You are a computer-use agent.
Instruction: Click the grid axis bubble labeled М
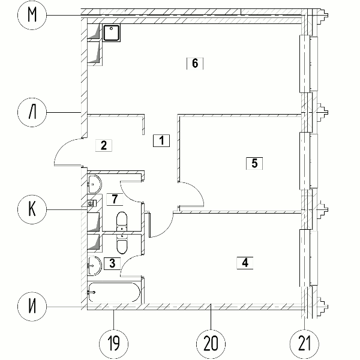click(32, 15)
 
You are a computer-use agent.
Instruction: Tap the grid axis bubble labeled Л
click(32, 112)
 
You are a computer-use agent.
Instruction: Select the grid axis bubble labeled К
click(32, 209)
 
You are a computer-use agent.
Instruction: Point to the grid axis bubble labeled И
click(32, 307)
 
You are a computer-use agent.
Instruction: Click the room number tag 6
click(195, 63)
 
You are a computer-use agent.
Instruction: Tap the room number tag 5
click(254, 163)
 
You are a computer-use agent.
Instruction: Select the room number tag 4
click(245, 263)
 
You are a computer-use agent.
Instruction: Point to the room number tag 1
click(161, 140)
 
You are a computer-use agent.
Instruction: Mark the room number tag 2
click(104, 145)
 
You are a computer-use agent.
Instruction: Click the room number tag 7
click(115, 199)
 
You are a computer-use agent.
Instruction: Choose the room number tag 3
click(112, 263)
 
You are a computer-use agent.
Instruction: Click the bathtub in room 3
click(114, 292)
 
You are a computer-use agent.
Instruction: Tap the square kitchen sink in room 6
click(112, 33)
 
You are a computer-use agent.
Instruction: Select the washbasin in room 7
click(95, 184)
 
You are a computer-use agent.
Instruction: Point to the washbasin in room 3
click(94, 266)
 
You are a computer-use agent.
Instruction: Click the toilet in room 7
click(122, 221)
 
